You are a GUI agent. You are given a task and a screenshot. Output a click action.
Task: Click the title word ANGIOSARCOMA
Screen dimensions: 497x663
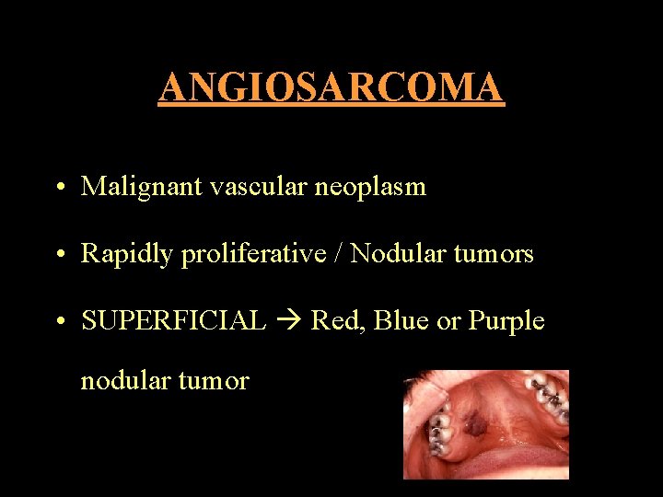pos(331,87)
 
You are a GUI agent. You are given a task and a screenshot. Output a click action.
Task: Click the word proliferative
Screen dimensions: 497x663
pos(253,255)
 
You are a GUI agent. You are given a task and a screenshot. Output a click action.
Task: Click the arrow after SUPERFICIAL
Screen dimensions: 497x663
pos(289,322)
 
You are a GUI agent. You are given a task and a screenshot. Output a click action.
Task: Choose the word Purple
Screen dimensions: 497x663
pos(506,322)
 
